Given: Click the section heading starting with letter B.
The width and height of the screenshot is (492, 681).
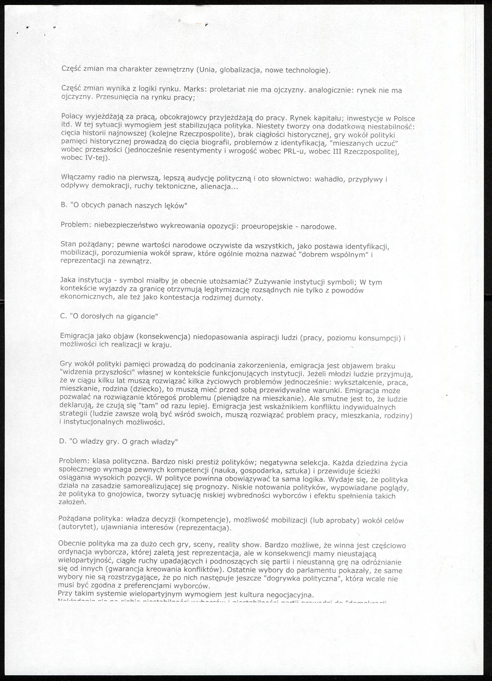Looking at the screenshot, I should pyautogui.click(x=124, y=205).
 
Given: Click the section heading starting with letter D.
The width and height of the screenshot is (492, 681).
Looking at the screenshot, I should pyautogui.click(x=118, y=442).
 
